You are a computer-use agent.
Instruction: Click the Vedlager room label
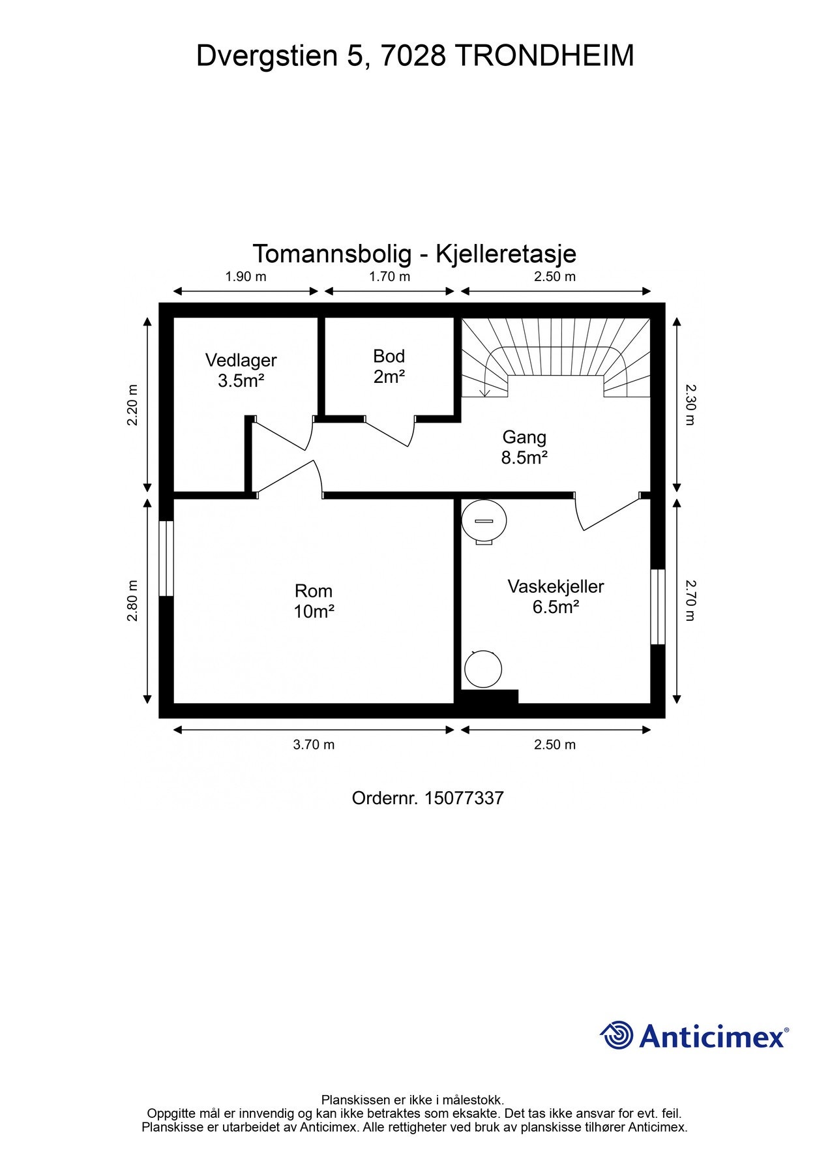[x=241, y=370]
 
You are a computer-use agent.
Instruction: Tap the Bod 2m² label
[x=389, y=366]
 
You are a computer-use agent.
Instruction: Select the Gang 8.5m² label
[x=524, y=447]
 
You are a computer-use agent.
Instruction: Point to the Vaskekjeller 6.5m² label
[x=556, y=596]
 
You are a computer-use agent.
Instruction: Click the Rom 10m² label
[x=314, y=601]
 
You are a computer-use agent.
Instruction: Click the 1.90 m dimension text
[x=246, y=277]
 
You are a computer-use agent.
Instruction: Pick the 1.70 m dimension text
[x=389, y=277]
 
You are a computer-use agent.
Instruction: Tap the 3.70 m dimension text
[x=314, y=744]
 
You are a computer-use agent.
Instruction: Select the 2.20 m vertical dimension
[x=132, y=404]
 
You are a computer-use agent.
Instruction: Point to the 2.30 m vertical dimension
[x=690, y=404]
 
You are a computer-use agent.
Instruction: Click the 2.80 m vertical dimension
[x=132, y=600]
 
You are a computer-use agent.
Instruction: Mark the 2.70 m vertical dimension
[x=690, y=600]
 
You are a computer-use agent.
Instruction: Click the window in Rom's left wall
[x=166, y=558]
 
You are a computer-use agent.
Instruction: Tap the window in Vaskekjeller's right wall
[x=658, y=607]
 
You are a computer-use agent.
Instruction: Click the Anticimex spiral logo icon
[x=617, y=1035]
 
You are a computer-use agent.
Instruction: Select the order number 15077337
[x=464, y=798]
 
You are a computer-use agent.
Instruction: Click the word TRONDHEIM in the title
[x=544, y=56]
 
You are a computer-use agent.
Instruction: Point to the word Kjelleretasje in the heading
[x=505, y=254]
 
